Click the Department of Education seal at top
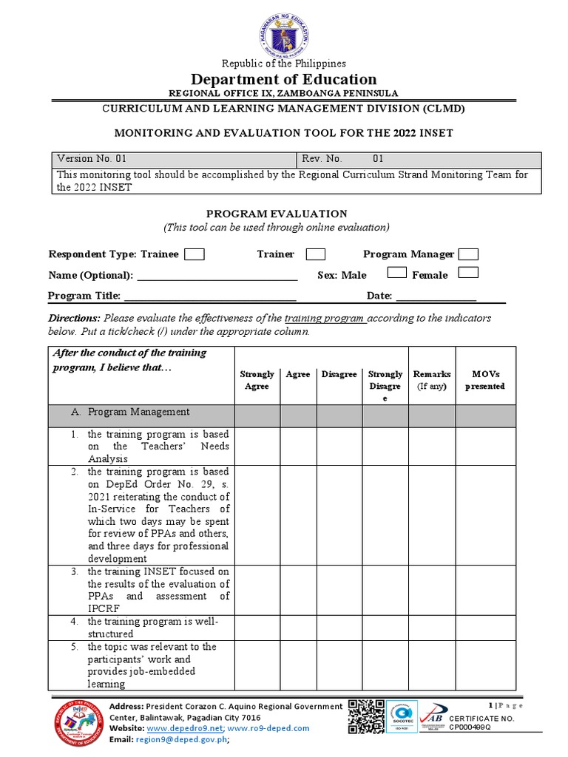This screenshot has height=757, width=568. coord(284,30)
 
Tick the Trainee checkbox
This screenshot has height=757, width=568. coord(195,254)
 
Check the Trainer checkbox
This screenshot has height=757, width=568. coord(316,254)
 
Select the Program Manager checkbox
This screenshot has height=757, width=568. coord(468,254)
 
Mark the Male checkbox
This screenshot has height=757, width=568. coord(397,273)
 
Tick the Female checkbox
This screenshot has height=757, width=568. coord(468,273)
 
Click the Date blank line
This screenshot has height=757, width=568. coord(436,297)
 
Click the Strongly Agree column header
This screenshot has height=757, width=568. coord(257,380)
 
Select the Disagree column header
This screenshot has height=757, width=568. coord(339,375)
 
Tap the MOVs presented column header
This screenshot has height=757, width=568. coord(485,380)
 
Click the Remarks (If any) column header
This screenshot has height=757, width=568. coord(432,380)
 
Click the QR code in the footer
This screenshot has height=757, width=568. coord(366,717)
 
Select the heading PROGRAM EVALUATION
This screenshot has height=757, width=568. coord(277,214)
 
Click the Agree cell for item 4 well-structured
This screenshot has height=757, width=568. coord(298,628)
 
